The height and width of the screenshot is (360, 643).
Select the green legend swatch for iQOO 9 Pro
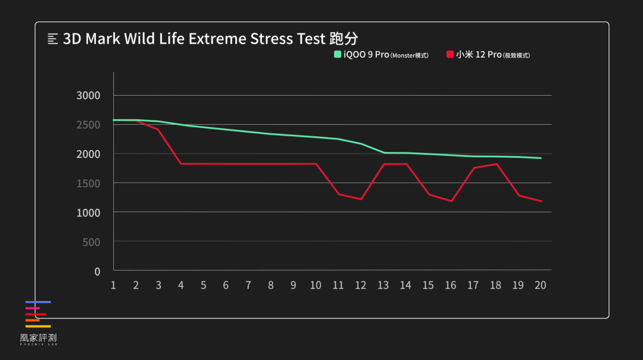pos(338,55)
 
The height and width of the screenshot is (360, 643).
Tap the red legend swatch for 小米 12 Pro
pos(450,55)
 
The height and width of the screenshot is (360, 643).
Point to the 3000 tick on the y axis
pos(89,95)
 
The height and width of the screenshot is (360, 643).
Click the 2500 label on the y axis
pos(89,125)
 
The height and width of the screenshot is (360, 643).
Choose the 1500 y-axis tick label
pos(89,183)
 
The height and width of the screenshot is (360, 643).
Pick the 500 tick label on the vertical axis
pos(92,242)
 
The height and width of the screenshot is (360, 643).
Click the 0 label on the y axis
pos(97,271)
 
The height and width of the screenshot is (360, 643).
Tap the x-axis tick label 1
pos(113,286)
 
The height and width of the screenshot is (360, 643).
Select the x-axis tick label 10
pos(316,286)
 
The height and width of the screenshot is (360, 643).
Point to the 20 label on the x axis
pos(541,286)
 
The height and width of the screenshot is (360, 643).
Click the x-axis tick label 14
pos(405,286)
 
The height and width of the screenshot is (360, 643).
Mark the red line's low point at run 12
pos(361,199)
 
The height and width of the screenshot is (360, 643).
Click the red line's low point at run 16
pos(451,201)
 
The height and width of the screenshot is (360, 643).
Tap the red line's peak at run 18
pos(496,164)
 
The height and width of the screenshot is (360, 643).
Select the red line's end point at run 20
pos(541,201)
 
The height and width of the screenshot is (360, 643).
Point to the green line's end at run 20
pos(541,158)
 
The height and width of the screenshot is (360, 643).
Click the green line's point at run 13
pos(383,153)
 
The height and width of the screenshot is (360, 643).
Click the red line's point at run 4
pos(180,164)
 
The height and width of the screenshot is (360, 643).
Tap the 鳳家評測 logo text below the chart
pos(38,338)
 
